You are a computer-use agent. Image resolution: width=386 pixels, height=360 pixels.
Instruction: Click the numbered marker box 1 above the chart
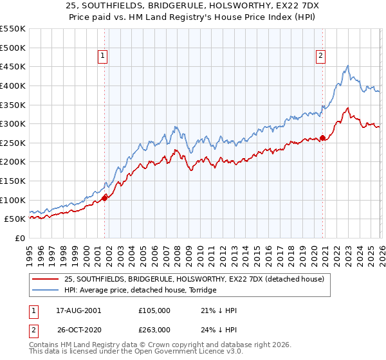tap(103, 56)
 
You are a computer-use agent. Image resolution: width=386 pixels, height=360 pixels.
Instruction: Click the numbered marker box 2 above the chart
tap(320, 56)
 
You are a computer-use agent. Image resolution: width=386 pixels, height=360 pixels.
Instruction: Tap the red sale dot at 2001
tap(104, 198)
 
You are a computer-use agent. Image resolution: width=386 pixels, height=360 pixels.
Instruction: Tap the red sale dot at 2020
tap(322, 138)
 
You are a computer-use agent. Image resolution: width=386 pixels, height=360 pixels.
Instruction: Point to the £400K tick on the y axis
tap(13, 85)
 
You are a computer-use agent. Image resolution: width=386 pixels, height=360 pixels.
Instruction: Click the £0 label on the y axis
tap(19, 238)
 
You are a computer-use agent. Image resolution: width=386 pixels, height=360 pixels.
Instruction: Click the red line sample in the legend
tap(46, 279)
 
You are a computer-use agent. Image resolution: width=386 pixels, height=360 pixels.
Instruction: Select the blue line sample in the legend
tap(46, 290)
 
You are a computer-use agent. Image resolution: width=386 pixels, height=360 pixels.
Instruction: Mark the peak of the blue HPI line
tap(347, 66)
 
